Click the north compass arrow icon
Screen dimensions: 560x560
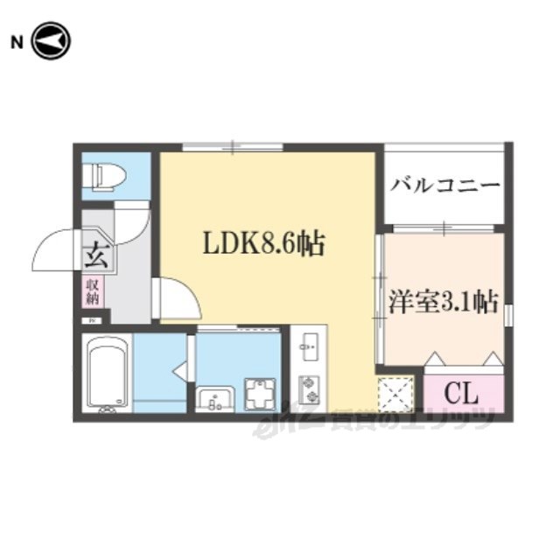(x=50, y=42)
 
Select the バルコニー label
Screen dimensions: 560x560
(x=445, y=185)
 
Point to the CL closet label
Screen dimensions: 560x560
(x=463, y=391)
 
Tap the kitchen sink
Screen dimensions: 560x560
(x=308, y=348)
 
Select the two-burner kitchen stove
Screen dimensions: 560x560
(x=308, y=388)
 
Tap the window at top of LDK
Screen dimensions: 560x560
(x=233, y=147)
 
